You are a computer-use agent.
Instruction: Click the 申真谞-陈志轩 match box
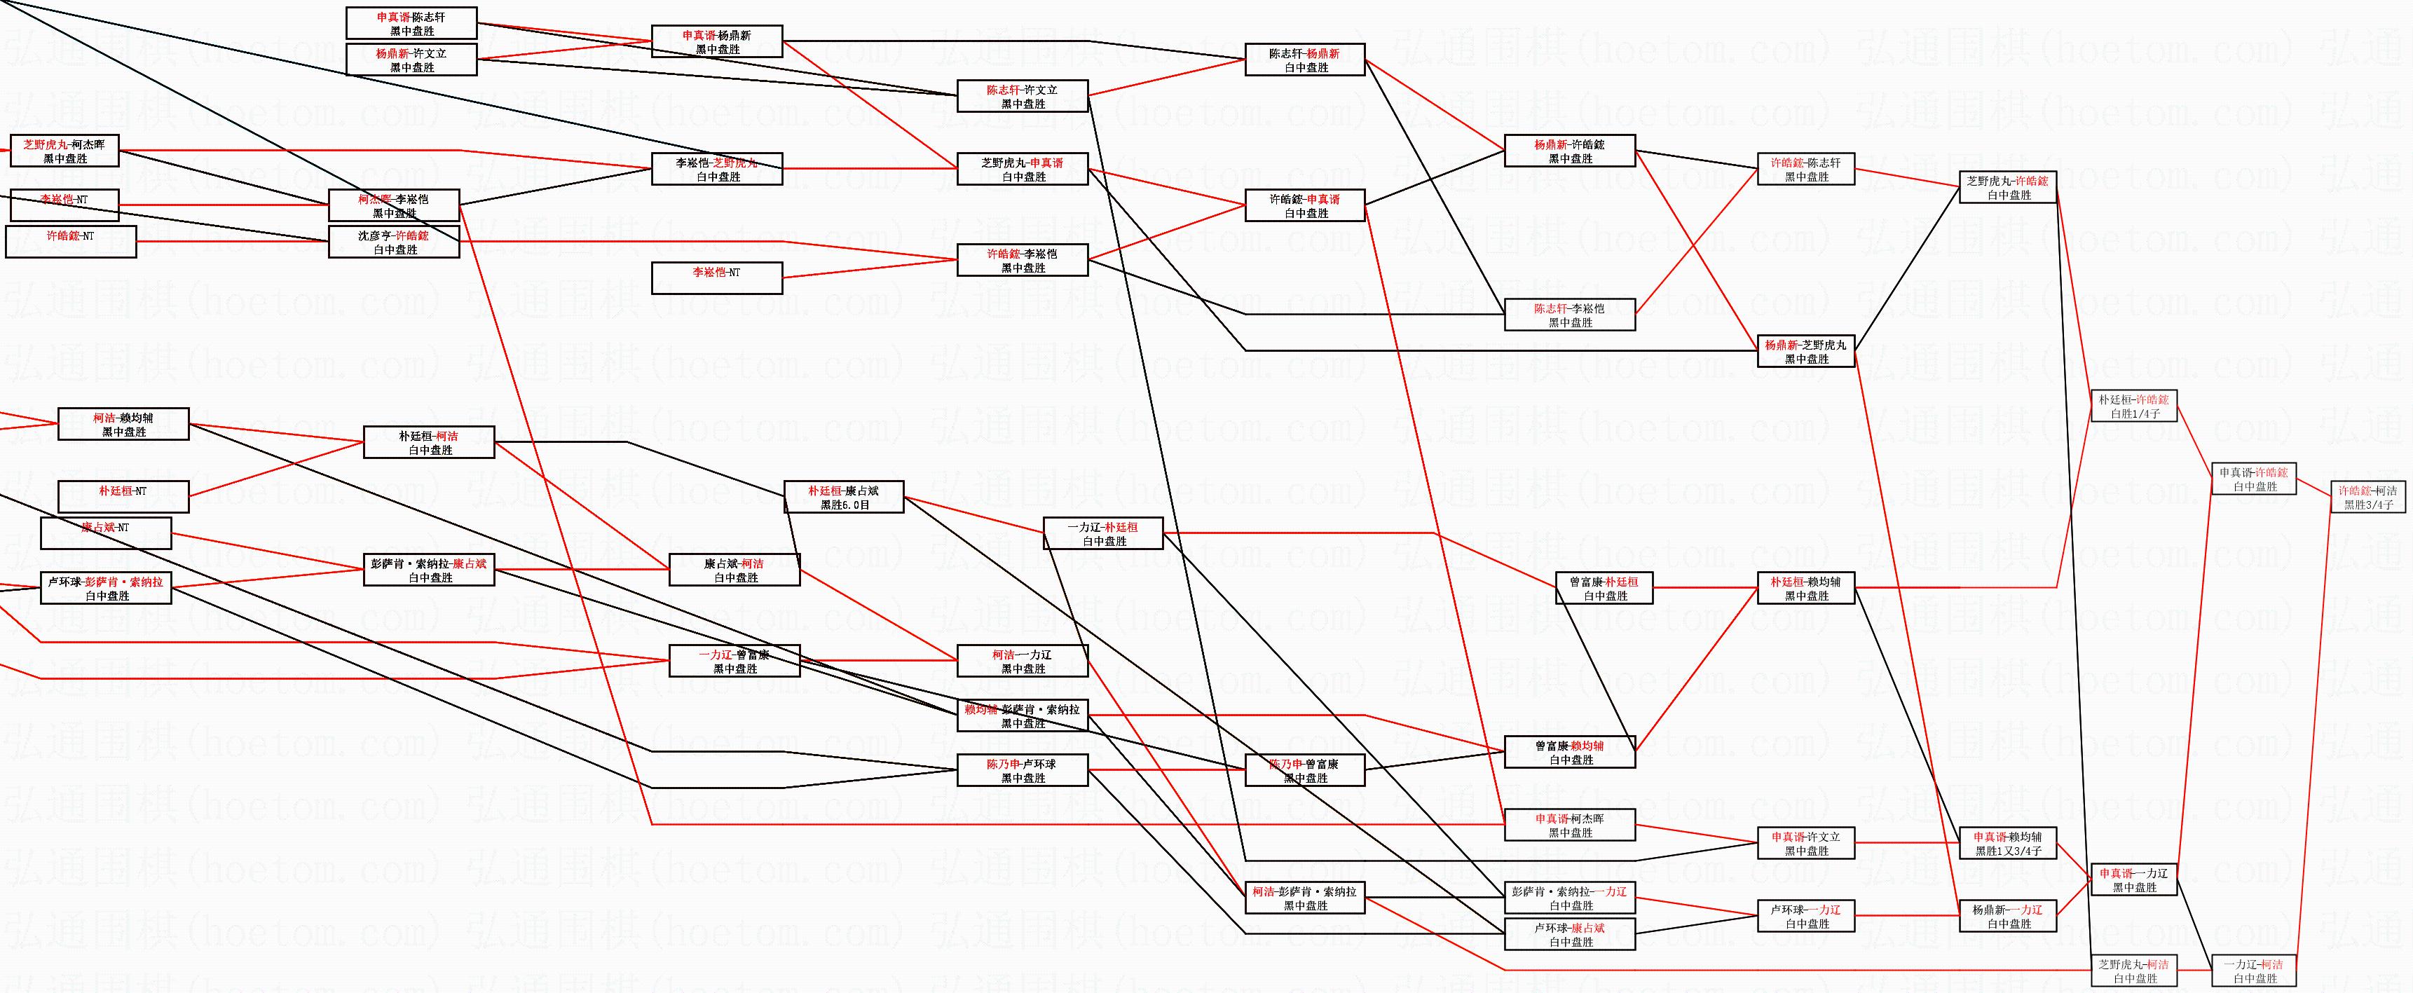(x=411, y=23)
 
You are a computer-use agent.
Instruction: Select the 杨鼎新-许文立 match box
(x=411, y=60)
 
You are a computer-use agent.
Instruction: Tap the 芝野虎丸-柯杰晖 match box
(x=64, y=151)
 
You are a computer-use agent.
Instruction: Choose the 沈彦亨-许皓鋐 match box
(x=393, y=242)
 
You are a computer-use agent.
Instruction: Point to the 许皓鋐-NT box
(x=70, y=241)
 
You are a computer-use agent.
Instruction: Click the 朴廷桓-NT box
(x=123, y=495)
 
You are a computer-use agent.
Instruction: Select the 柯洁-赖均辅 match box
(x=123, y=425)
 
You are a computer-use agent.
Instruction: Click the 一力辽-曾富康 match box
(x=734, y=660)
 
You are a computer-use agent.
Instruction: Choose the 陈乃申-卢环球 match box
(x=1022, y=770)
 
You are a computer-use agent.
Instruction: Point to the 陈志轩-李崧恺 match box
(x=1569, y=315)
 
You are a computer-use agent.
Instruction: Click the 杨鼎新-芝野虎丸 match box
(x=1806, y=351)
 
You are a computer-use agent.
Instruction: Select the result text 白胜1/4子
(x=2135, y=413)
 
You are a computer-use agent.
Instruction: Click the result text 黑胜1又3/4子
(x=2009, y=851)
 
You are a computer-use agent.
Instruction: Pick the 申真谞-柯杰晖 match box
(x=1569, y=824)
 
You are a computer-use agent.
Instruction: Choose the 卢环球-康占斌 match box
(x=1569, y=934)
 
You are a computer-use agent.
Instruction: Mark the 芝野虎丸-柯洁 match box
(x=2135, y=971)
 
